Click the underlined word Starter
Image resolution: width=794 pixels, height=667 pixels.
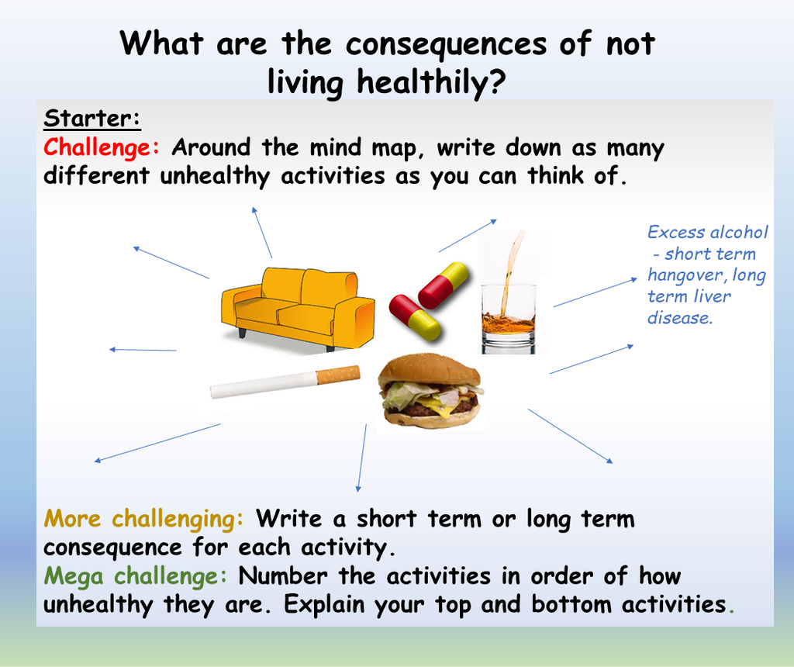pyautogui.click(x=91, y=119)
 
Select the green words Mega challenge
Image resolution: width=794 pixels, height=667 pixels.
pyautogui.click(x=136, y=576)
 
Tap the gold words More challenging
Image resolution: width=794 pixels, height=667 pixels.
pyautogui.click(x=144, y=518)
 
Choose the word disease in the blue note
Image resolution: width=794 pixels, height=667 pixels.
pyautogui.click(x=679, y=318)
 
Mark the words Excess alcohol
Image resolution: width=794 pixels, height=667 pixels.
pyautogui.click(x=708, y=233)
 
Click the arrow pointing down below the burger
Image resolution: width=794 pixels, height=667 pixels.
pyautogui.click(x=361, y=458)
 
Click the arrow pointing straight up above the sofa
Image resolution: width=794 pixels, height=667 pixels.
pyautogui.click(x=262, y=232)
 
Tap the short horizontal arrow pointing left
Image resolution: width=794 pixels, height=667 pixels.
pyautogui.click(x=143, y=350)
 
